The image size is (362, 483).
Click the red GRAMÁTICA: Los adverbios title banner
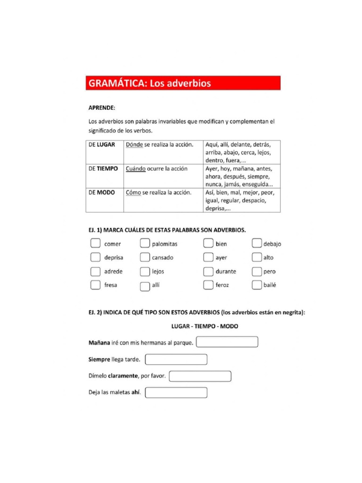coord(183,83)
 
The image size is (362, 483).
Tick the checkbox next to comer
coord(95,243)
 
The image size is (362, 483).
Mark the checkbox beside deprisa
coord(95,257)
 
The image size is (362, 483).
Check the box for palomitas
coord(145,243)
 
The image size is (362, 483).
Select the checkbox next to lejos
coord(145,271)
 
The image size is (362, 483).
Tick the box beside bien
coord(208,243)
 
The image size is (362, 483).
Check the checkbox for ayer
coord(208,257)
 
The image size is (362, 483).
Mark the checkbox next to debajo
coord(256,243)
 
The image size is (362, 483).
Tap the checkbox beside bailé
coord(256,285)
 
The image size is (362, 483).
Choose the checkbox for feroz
coord(208,285)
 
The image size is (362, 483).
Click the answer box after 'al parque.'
coord(227,342)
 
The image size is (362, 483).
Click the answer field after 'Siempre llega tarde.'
coord(176,359)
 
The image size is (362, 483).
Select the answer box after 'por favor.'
coord(200,376)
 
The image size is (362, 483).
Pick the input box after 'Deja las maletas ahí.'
coord(176,392)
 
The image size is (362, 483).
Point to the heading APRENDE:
coord(102,108)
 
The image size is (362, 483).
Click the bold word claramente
coord(123,376)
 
